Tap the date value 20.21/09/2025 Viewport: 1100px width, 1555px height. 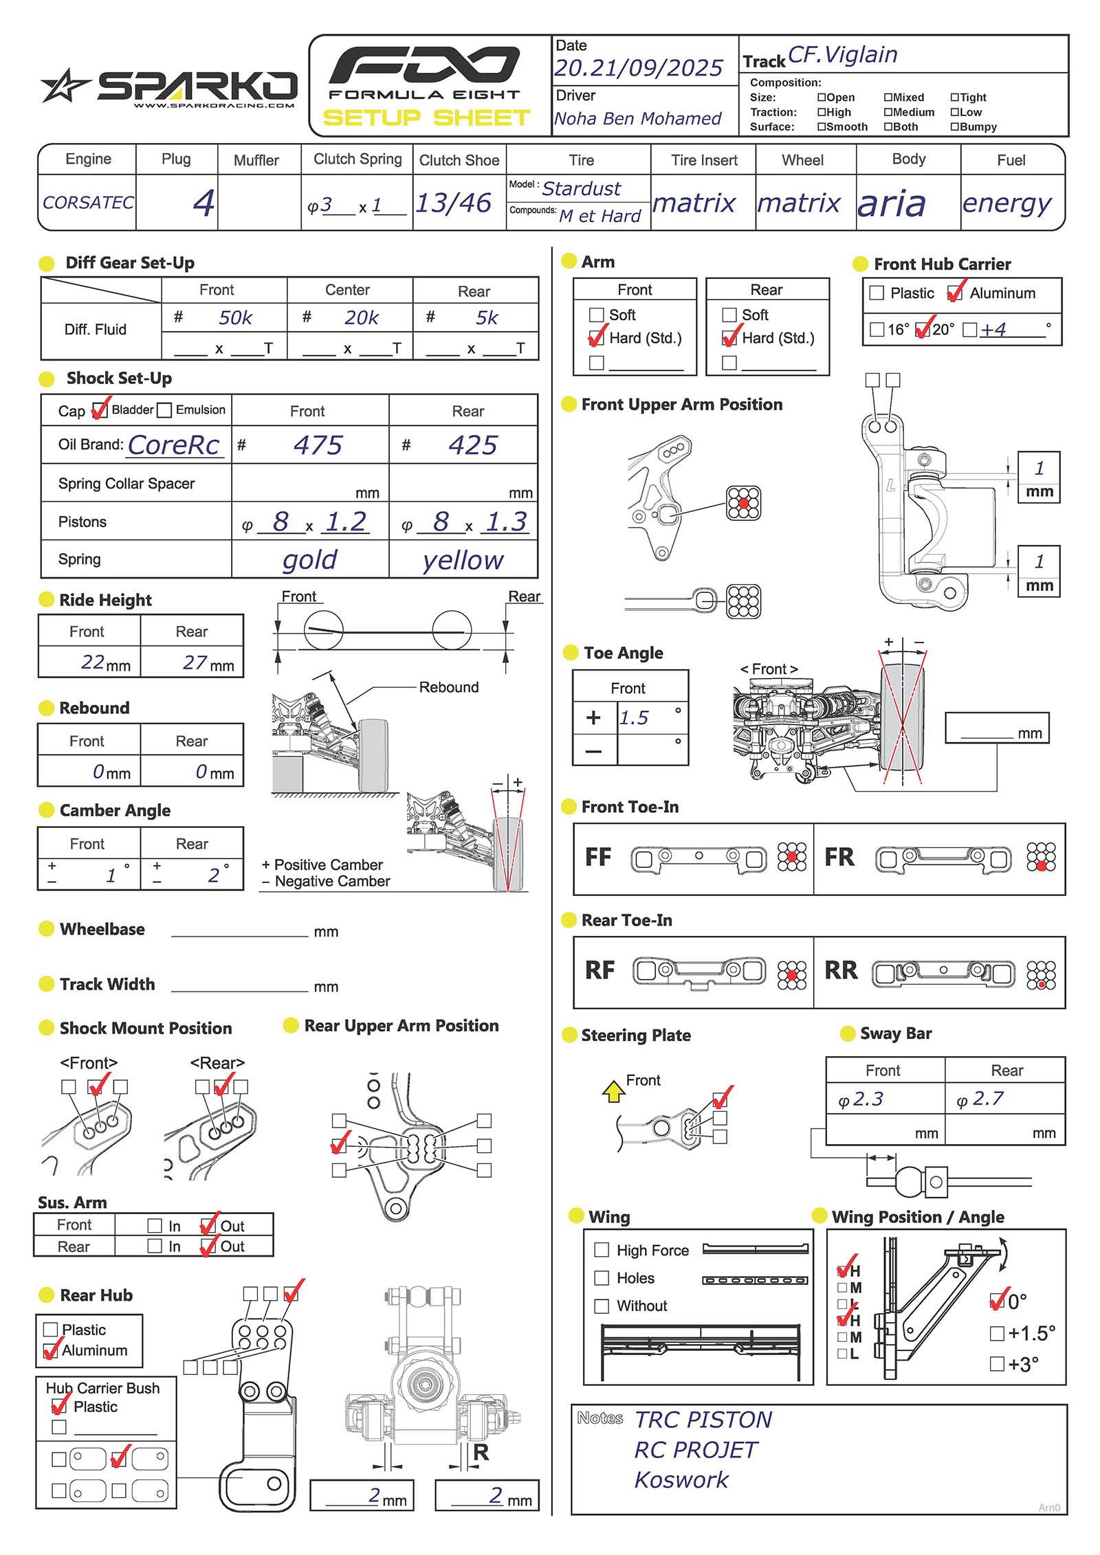pos(638,68)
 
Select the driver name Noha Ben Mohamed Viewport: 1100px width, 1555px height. pos(637,119)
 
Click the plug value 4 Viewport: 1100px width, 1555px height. pos(203,203)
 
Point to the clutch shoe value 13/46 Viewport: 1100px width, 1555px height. pos(454,203)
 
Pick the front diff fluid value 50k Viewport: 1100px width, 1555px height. pos(236,317)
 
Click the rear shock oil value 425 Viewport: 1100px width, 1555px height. pos(472,445)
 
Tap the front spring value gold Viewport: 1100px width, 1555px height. pos(309,560)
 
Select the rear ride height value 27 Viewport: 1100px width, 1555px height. pos(195,662)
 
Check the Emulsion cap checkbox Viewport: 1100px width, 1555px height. pos(164,410)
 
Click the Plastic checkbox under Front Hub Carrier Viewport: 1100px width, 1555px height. pos(877,293)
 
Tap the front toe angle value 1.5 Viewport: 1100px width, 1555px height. pos(634,718)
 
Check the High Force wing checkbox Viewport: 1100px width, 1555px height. pos(602,1250)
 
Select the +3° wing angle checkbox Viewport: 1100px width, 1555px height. pos(997,1363)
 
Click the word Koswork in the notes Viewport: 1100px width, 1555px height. pos(681,1479)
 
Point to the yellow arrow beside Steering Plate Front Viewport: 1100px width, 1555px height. pos(613,1091)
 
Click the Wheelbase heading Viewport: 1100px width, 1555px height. pos(102,929)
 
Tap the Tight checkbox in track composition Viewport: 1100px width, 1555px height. pos(954,98)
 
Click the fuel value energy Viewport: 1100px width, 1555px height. pos(1006,203)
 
